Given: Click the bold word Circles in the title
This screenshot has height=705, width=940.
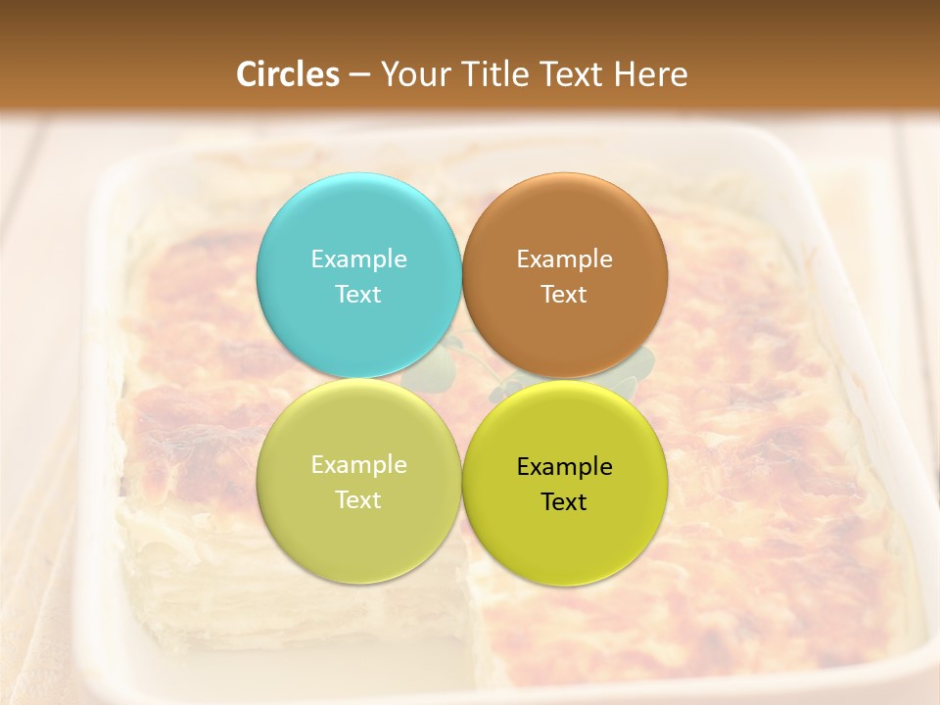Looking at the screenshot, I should [288, 74].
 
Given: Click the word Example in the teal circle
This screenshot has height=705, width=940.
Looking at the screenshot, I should [358, 258].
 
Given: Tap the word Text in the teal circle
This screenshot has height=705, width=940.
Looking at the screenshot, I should [358, 294].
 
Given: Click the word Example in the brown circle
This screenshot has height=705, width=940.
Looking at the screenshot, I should [565, 258].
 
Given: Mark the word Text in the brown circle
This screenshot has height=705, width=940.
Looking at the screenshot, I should [565, 294].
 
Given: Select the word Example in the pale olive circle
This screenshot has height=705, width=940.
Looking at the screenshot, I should [358, 464].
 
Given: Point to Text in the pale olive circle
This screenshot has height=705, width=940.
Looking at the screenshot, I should [358, 499].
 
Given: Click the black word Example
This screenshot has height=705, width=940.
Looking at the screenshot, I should [565, 466].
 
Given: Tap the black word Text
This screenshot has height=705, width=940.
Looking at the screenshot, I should [565, 501].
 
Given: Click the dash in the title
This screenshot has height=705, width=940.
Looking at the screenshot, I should [359, 75].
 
